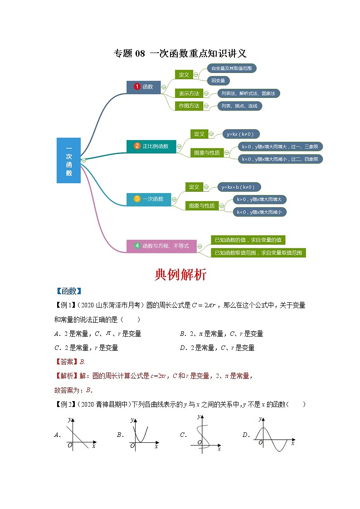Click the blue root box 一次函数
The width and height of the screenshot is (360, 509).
68,160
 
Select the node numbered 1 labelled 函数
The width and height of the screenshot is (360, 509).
143,87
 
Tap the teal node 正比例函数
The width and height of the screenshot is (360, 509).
151,146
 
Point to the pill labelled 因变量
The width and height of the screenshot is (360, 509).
219,81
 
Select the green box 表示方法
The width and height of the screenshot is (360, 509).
189,93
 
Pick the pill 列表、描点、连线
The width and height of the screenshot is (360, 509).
239,106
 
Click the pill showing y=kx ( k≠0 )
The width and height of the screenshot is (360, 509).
240,134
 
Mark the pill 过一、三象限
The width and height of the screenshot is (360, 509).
280,146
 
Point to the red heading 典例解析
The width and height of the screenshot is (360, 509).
180,275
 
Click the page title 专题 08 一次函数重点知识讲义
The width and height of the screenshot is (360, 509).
180,53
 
